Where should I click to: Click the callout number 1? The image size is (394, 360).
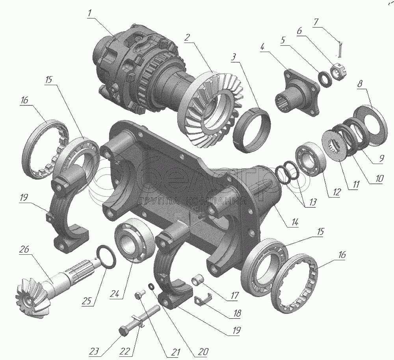tap(90, 13)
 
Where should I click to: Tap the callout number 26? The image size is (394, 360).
tap(24, 250)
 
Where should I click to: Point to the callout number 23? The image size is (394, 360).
tap(94, 351)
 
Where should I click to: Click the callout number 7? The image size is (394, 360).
tap(316, 22)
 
